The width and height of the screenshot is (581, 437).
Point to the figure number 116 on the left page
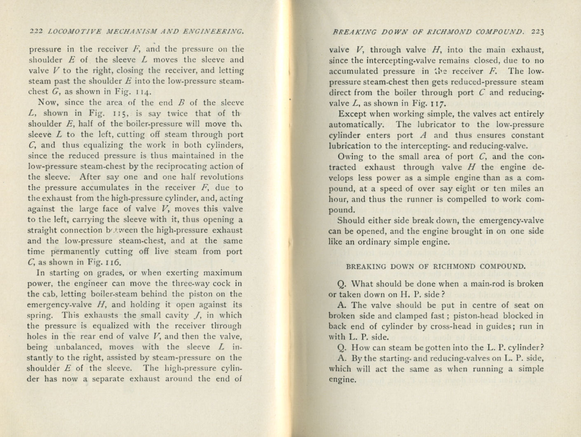(x=112, y=262)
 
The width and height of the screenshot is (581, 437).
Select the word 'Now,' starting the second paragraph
(x=49, y=103)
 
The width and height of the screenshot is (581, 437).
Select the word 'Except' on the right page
(x=351, y=114)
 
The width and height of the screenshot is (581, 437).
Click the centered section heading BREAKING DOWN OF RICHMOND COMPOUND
(x=436, y=267)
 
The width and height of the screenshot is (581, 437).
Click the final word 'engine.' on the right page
(x=342, y=380)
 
